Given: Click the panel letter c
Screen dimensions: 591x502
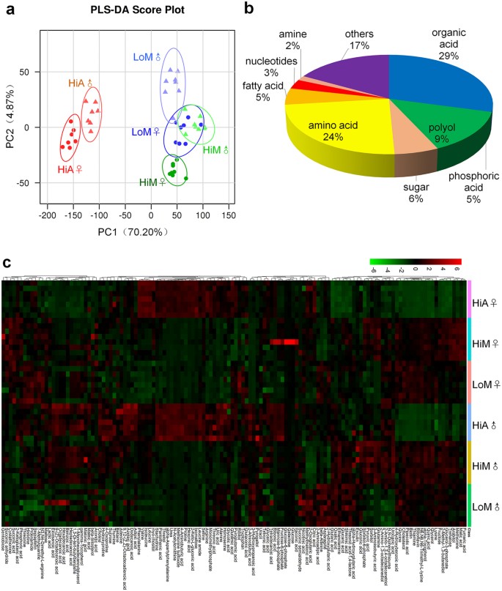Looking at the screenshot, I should point(7,261).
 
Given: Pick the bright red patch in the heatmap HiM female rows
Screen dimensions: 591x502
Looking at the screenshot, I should point(284,341).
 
